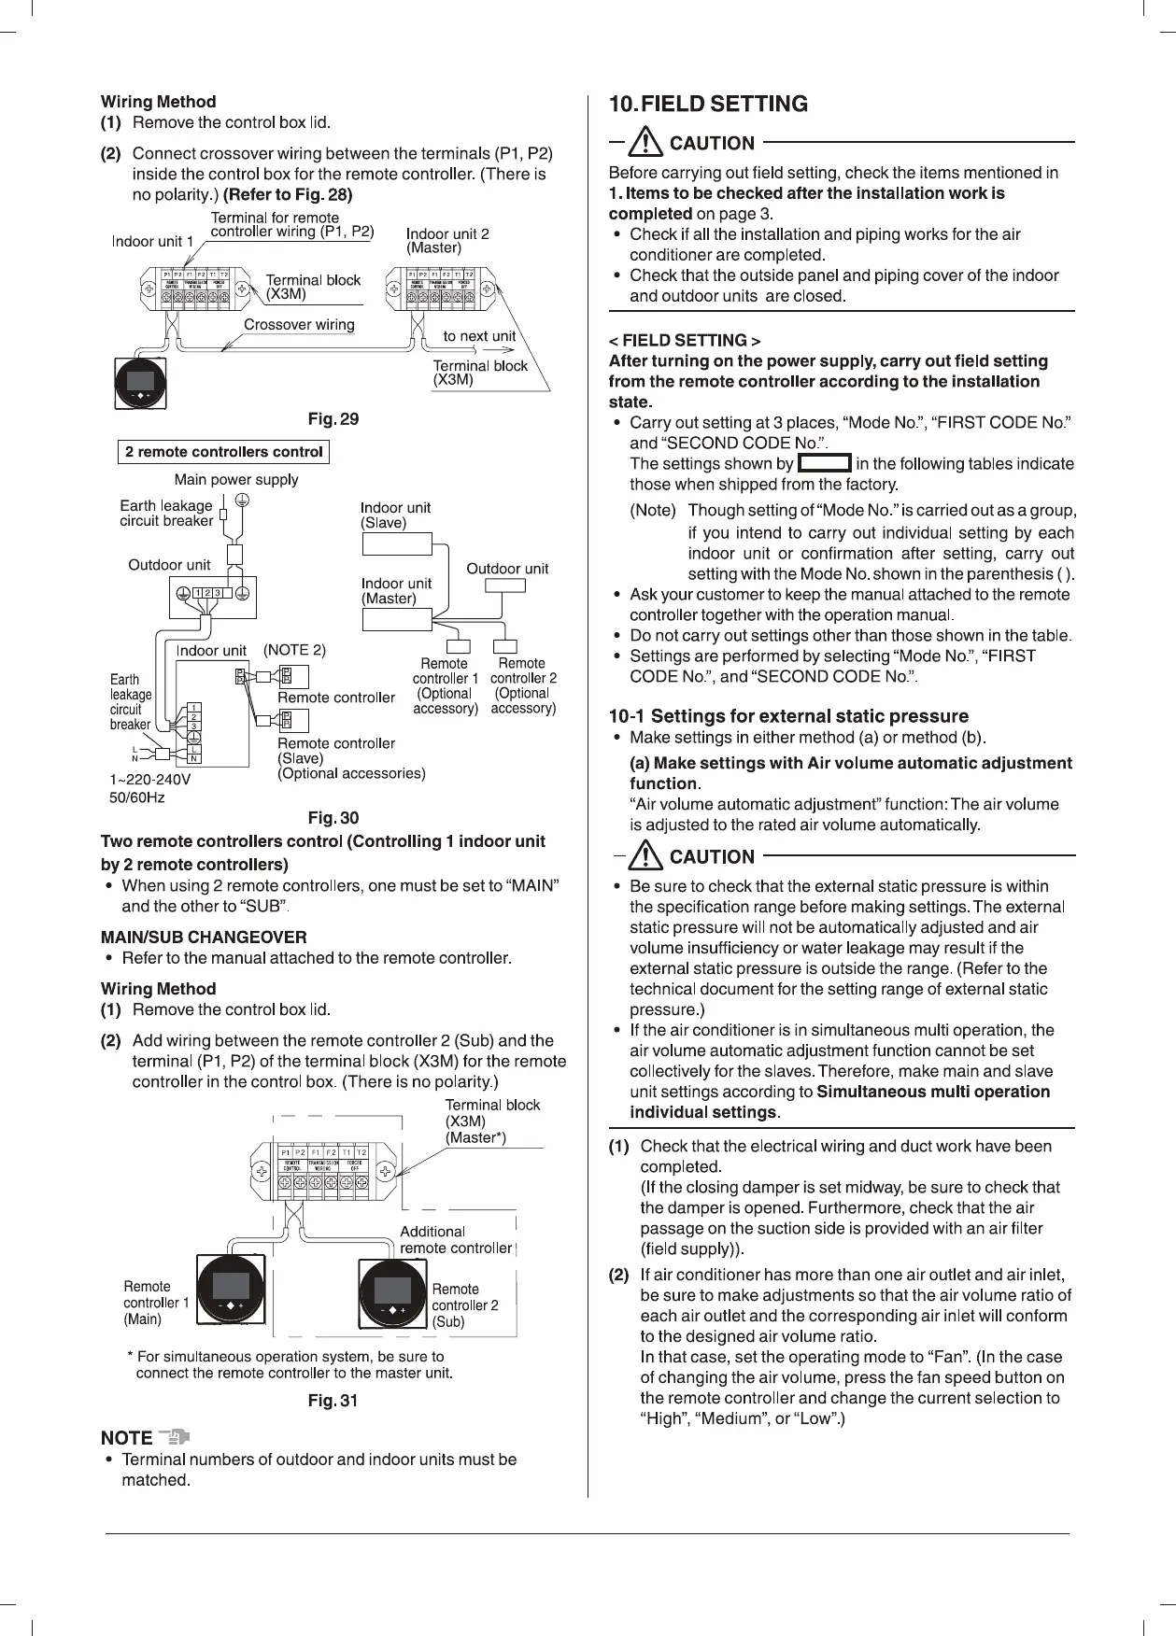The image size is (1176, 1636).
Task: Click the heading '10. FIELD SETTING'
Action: pos(708,104)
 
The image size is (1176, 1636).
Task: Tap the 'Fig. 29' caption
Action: pos(333,419)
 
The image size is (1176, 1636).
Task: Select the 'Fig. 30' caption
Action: pos(333,818)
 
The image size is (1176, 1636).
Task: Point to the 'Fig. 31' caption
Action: pos(333,1401)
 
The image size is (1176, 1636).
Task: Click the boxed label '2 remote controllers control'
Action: pos(224,453)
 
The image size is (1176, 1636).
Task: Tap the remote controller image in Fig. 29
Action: pos(140,382)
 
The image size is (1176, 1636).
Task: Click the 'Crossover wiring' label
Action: pos(299,325)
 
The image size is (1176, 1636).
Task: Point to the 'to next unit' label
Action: pos(479,336)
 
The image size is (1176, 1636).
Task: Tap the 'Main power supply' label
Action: pos(236,480)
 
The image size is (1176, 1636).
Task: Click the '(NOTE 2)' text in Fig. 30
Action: pos(294,650)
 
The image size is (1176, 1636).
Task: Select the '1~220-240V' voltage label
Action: pos(150,779)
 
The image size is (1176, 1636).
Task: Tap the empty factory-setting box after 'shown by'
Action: pos(825,463)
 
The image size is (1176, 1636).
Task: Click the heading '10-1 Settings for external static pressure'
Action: pos(788,716)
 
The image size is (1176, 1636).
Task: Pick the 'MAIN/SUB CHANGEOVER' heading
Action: pos(204,937)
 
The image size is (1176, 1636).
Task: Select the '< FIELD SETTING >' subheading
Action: pos(684,340)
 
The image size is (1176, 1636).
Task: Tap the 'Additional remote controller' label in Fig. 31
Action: pos(456,1240)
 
